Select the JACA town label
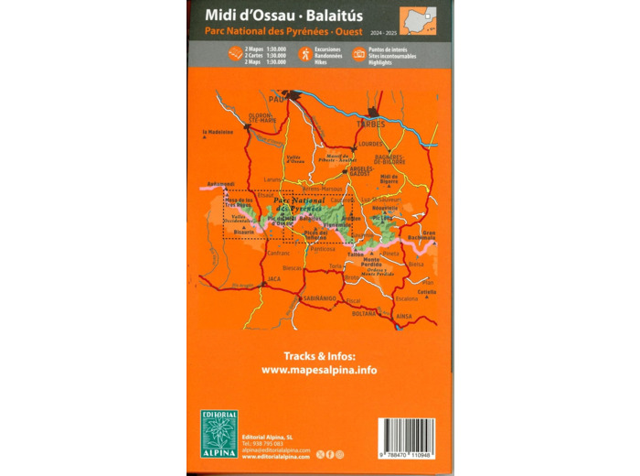tap(273, 278)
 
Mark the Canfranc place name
tap(253, 253)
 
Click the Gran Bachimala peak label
tap(422, 235)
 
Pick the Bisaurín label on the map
tap(243, 233)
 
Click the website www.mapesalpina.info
tap(318, 370)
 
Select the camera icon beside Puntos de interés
tap(359, 54)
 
